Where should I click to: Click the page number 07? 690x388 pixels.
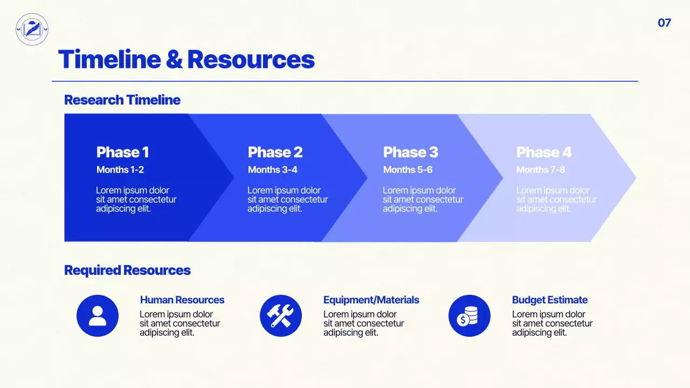664,23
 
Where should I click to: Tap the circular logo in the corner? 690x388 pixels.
32,29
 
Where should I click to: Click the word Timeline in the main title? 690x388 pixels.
109,59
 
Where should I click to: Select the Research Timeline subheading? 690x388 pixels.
122,100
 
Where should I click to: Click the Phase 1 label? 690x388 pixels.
122,153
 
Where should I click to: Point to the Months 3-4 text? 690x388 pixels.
272,170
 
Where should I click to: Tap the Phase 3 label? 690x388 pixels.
410,153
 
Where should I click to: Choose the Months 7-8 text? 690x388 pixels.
541,170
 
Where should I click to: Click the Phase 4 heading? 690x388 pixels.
543,153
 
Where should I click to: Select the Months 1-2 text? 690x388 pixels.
120,170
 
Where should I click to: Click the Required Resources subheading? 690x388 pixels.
127,270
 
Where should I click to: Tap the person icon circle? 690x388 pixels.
98,316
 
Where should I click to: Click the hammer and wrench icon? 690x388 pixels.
280,316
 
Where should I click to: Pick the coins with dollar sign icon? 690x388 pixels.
469,316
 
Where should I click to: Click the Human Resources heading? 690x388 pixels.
182,300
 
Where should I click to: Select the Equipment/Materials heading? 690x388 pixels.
371,300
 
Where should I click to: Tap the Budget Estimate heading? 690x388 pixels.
549,300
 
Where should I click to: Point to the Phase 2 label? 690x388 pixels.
275,153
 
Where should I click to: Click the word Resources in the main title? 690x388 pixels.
251,59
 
